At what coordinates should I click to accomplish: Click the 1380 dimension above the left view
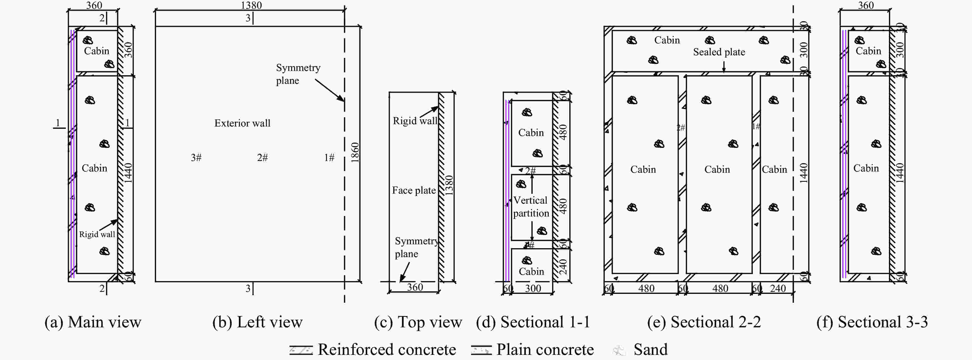pyautogui.click(x=251, y=5)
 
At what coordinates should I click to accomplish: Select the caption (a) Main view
pyautogui.click(x=93, y=322)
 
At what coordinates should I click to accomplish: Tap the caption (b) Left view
pyautogui.click(x=257, y=322)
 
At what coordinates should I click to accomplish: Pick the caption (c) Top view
pyautogui.click(x=418, y=322)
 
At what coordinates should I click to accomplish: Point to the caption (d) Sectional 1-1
pyautogui.click(x=533, y=322)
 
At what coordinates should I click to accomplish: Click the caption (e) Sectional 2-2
pyautogui.click(x=704, y=322)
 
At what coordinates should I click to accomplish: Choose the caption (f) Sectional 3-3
pyautogui.click(x=872, y=322)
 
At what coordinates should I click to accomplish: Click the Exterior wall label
pyautogui.click(x=242, y=123)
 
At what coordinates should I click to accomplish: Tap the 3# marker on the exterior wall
pyautogui.click(x=196, y=157)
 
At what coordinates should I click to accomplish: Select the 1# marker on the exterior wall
pyautogui.click(x=329, y=157)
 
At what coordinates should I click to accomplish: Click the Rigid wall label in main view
pyautogui.click(x=97, y=234)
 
